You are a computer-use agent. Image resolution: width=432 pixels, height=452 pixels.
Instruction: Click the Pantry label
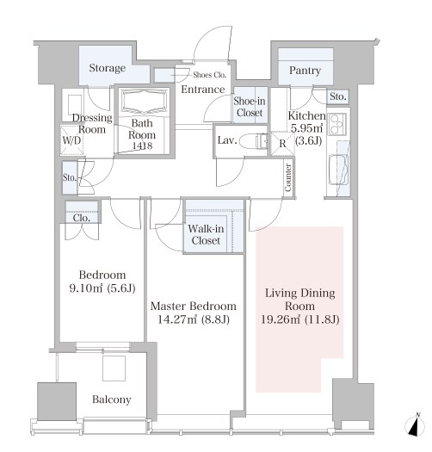[305, 71]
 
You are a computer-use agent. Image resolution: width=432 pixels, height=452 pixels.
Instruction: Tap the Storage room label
[108, 68]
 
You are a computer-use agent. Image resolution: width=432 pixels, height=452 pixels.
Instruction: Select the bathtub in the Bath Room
[144, 102]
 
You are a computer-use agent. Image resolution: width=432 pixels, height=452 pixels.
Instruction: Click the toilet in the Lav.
[254, 141]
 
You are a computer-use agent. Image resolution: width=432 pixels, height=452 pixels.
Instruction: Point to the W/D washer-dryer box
[71, 140]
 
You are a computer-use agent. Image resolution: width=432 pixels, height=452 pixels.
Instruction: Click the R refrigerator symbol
[282, 144]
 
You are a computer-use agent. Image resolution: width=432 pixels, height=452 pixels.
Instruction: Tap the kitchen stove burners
[336, 124]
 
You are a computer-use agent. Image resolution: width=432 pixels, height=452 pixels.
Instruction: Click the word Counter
[288, 177]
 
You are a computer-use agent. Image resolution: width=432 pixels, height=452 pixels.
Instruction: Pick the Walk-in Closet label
[206, 234]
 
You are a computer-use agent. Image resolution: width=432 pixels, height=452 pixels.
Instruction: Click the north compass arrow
[416, 425]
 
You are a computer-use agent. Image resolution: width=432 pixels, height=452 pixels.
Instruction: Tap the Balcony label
[112, 399]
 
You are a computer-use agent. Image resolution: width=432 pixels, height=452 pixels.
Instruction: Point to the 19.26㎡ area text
[281, 319]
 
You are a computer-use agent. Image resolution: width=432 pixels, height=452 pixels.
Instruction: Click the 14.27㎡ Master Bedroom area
[177, 319]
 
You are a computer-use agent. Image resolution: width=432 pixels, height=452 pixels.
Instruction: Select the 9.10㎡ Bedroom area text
[86, 288]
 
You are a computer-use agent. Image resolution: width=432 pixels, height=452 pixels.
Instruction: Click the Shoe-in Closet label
[250, 107]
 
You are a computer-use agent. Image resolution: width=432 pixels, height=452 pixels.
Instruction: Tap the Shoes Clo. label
[210, 75]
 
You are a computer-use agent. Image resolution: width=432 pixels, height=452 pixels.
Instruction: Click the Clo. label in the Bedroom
[82, 218]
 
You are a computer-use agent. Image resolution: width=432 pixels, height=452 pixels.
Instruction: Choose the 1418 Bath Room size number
[142, 146]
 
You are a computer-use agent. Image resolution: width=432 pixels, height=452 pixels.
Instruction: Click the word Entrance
[203, 90]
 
